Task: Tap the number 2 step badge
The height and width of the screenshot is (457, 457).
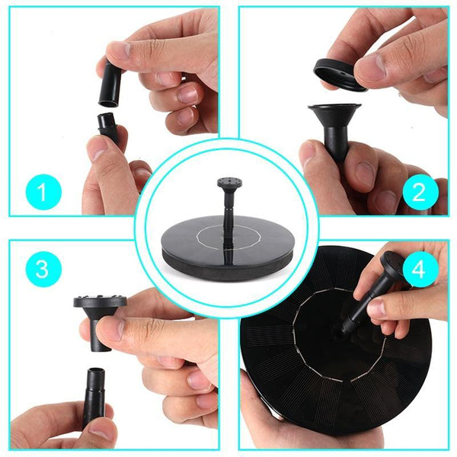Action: [x=418, y=191]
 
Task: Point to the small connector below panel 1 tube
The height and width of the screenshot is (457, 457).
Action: [x=107, y=126]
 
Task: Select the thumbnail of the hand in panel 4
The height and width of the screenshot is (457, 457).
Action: [x=378, y=308]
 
